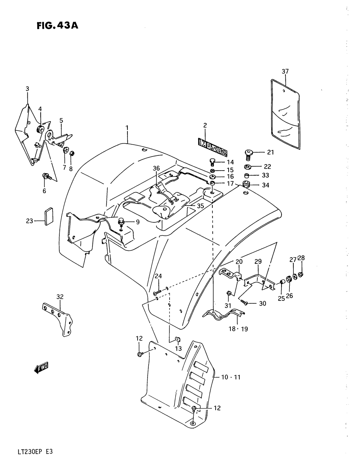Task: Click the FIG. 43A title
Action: pos(57,26)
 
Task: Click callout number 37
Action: pos(285,71)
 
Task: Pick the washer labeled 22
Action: pos(248,167)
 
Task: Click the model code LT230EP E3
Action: pos(35,452)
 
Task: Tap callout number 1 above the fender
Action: pos(127,127)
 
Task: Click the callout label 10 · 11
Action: pos(230,377)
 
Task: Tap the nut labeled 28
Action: pos(301,275)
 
